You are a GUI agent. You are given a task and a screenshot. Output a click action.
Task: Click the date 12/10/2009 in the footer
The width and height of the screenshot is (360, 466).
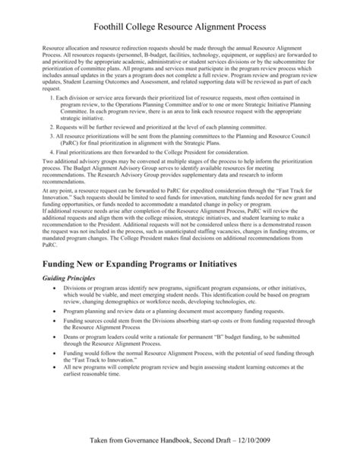[272, 442]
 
